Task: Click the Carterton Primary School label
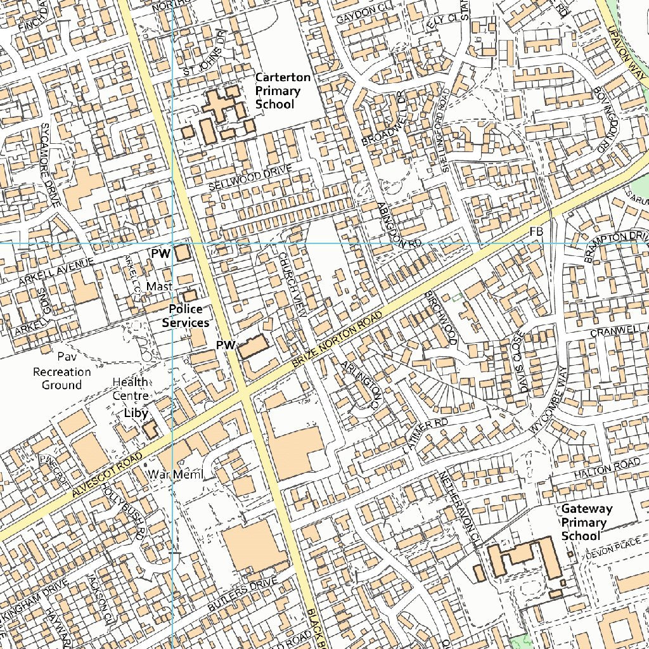(283, 91)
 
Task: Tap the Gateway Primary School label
(587, 522)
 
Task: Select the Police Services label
(185, 316)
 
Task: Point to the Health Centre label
(131, 389)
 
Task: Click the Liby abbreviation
(136, 413)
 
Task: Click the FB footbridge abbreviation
(536, 233)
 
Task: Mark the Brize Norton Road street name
(338, 341)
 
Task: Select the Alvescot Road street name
(106, 476)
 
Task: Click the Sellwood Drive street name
(250, 178)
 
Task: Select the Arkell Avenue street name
(56, 271)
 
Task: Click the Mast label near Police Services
(160, 286)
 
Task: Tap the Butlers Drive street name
(242, 595)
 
